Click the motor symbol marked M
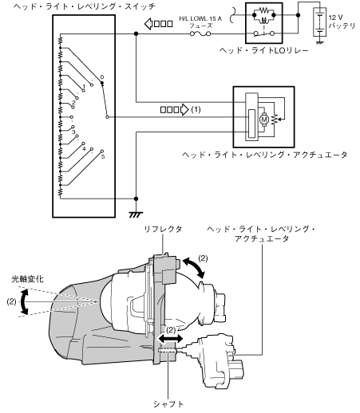pyautogui.click(x=264, y=120)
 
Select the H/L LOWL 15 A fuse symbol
pyautogui.click(x=200, y=33)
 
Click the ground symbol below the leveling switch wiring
pyautogui.click(x=136, y=214)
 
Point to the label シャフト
pyautogui.click(x=168, y=404)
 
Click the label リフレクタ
pyautogui.click(x=163, y=229)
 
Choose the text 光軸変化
pyautogui.click(x=27, y=279)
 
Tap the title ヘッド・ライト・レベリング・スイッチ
pyautogui.click(x=85, y=6)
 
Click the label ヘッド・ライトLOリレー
pyautogui.click(x=263, y=50)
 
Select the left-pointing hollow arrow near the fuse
pyautogui.click(x=159, y=24)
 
